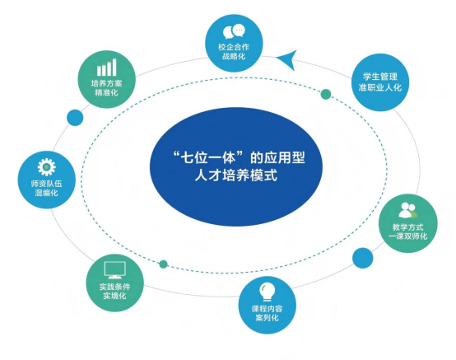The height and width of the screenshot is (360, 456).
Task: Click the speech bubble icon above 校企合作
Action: (x=234, y=31)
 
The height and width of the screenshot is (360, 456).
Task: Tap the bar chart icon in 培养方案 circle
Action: (x=107, y=68)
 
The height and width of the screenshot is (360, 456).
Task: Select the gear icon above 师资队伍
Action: (x=47, y=166)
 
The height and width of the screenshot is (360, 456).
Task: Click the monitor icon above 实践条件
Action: (x=115, y=270)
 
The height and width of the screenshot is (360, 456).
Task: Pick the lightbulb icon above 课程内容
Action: (x=267, y=292)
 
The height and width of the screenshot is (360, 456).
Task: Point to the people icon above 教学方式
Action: (x=407, y=210)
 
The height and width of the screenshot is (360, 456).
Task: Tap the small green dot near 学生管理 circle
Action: (x=326, y=94)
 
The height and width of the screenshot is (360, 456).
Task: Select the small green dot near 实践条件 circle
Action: (x=164, y=264)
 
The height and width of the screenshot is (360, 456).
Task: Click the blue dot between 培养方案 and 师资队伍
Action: (x=75, y=118)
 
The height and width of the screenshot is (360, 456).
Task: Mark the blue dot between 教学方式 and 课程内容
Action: (x=363, y=258)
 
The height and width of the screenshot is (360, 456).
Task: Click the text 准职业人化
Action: (x=379, y=87)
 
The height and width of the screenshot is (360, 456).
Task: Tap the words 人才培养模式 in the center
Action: (x=236, y=175)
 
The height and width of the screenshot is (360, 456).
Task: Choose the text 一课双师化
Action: (x=407, y=236)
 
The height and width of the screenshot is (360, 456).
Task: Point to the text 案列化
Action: (x=267, y=317)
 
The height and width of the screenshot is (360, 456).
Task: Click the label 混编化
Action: (x=47, y=193)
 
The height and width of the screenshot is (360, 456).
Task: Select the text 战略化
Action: (x=234, y=56)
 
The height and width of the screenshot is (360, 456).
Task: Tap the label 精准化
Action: (x=106, y=92)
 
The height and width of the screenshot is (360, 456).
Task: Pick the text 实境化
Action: (x=114, y=296)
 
